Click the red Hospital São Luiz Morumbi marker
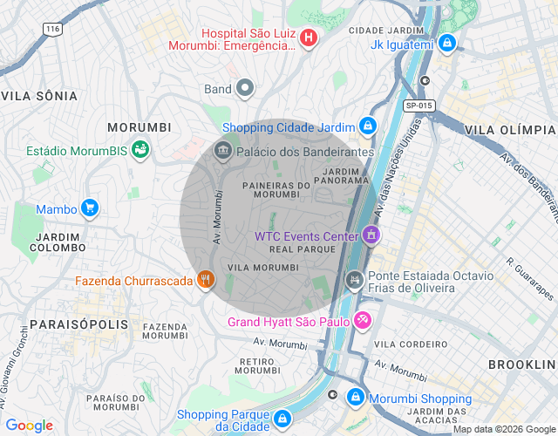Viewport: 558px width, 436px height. [310, 37]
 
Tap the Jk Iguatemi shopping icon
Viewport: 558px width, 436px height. [447, 43]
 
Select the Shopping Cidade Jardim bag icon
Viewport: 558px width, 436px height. [369, 127]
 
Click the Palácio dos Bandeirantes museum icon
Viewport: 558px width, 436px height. [223, 152]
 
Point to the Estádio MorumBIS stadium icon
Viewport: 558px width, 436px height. [139, 151]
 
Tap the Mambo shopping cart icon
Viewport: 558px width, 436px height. [89, 208]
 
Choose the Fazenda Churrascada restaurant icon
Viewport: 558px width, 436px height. [206, 280]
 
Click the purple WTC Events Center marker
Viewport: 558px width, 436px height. [372, 235]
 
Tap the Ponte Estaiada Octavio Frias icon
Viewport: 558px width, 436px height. [354, 280]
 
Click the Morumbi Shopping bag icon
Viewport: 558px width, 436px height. [355, 398]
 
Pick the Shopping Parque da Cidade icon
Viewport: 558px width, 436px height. [282, 419]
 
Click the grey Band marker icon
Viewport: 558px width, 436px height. [246, 88]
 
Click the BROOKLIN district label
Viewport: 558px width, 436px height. [521, 363]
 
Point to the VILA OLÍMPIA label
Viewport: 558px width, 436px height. [510, 129]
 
